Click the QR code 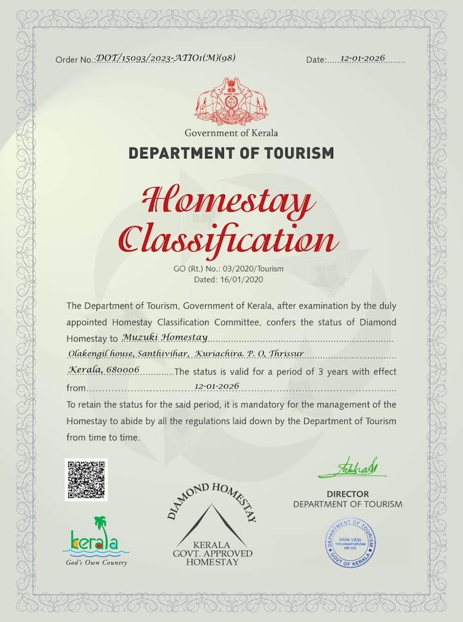click(86, 480)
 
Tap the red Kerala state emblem click(232, 102)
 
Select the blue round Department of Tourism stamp click(350, 542)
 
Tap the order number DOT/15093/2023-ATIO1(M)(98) click(165, 58)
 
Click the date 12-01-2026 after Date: click(363, 59)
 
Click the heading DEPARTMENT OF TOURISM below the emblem click(232, 153)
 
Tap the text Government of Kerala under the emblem click(232, 133)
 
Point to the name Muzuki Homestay click(165, 337)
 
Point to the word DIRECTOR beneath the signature click(347, 494)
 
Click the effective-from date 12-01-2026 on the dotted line click(216, 386)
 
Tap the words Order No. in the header click(75, 60)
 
